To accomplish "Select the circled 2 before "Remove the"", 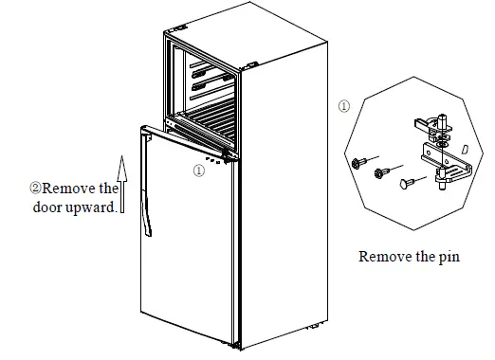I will tap(35, 189).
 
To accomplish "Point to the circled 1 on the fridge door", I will tap(197, 171).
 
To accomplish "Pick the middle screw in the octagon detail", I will tap(381, 172).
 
